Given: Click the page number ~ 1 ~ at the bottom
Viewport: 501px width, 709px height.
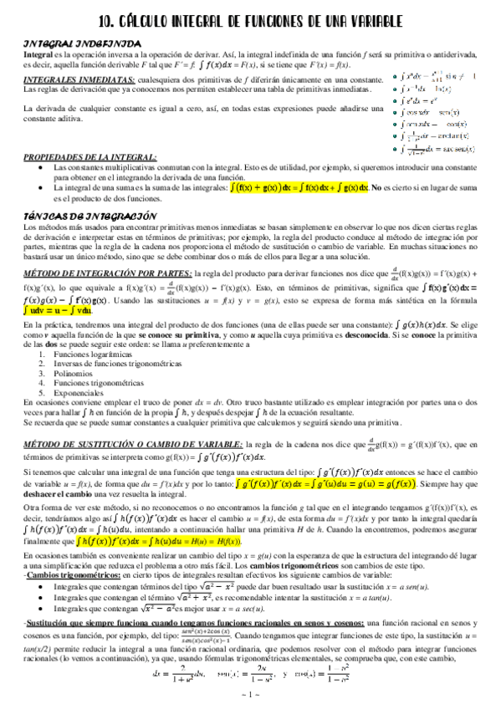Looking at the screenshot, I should pos(249,696).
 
